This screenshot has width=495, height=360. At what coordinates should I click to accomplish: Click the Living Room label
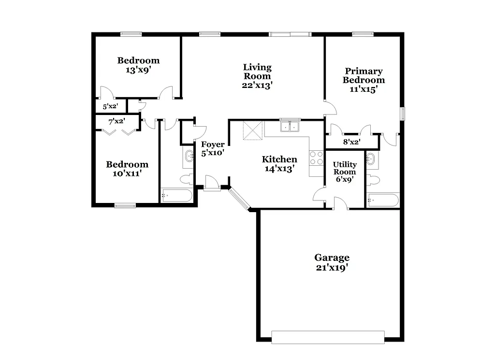pyautogui.click(x=257, y=72)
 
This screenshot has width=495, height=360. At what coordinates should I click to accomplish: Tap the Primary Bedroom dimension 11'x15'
pyautogui.click(x=364, y=89)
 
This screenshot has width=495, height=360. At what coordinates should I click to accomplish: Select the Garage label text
pyautogui.click(x=332, y=258)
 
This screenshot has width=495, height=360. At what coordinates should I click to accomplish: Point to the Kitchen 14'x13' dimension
pyautogui.click(x=279, y=169)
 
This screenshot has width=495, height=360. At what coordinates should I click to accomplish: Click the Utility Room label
pyautogui.click(x=344, y=168)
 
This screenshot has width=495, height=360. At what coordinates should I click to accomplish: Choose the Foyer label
pyautogui.click(x=213, y=144)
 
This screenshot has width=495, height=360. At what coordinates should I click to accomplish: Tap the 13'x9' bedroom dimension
pyautogui.click(x=138, y=70)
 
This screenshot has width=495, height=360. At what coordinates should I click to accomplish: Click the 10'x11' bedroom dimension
pyautogui.click(x=127, y=173)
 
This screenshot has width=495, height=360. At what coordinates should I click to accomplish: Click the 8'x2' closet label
pyautogui.click(x=351, y=142)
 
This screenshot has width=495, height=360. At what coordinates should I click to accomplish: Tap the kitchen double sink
pyautogui.click(x=290, y=127)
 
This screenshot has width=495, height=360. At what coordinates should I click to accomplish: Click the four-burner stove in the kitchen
pyautogui.click(x=316, y=158)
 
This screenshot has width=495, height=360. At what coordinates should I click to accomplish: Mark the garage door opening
pyautogui.click(x=328, y=337)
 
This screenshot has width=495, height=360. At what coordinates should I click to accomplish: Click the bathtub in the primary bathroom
pyautogui.click(x=383, y=200)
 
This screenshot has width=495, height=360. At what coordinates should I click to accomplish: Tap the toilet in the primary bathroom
pyautogui.click(x=373, y=180)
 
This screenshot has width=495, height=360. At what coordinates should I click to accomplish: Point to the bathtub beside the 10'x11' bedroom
pyautogui.click(x=176, y=196)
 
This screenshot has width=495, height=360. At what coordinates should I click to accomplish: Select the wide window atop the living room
pyautogui.click(x=290, y=34)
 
